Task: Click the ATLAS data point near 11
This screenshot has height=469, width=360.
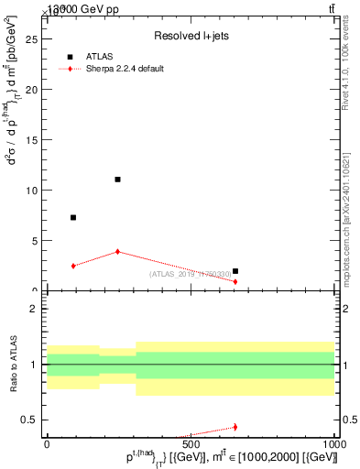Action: (x=117, y=180)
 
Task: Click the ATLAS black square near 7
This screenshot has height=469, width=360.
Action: (x=73, y=217)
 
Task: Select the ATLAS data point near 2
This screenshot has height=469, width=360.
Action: (x=235, y=271)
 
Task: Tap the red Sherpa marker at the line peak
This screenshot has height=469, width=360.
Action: (x=117, y=251)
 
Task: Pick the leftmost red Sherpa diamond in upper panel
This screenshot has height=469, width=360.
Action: (x=73, y=266)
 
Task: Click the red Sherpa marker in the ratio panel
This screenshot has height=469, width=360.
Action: (x=235, y=427)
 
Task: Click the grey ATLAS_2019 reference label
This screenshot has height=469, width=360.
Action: (x=191, y=274)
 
